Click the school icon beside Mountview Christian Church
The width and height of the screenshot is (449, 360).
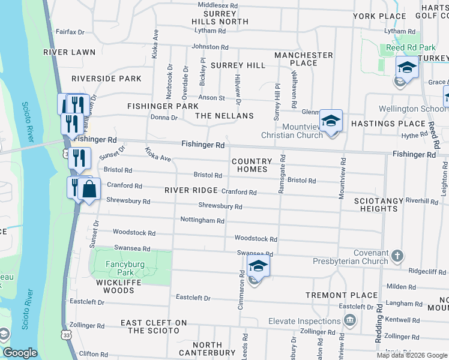[x=330, y=121]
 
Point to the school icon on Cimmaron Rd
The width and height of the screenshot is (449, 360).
[x=258, y=266]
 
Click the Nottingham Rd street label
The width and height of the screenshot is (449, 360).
[x=202, y=220]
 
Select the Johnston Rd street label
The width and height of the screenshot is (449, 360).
[x=209, y=47]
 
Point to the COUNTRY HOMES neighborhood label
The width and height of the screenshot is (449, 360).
[x=252, y=165]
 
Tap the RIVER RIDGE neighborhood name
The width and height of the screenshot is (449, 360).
[x=191, y=190]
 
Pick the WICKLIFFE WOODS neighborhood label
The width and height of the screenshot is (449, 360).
[x=115, y=286]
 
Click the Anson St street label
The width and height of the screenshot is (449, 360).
[x=212, y=98]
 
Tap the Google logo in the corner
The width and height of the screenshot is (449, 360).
[x=20, y=353]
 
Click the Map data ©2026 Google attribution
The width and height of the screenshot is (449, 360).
[x=411, y=355]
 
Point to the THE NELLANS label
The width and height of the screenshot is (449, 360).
[x=224, y=115]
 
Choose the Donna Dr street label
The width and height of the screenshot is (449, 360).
[x=165, y=118]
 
